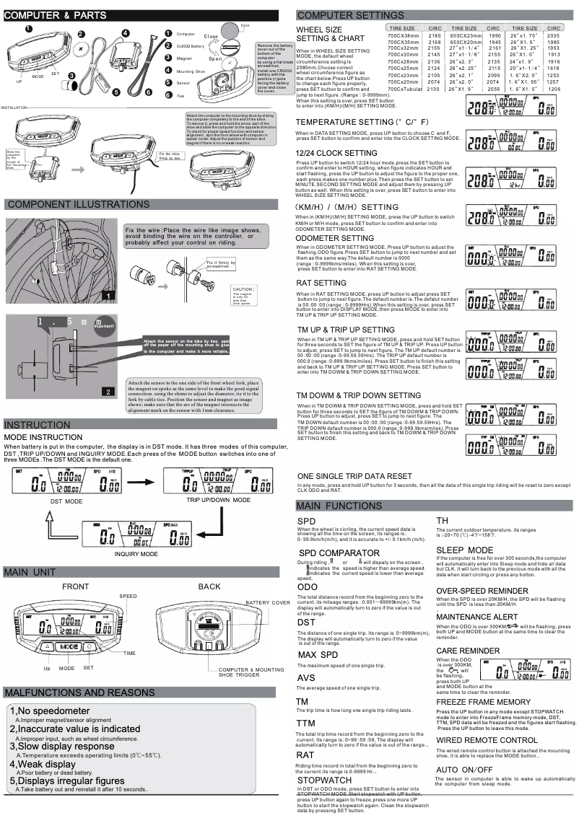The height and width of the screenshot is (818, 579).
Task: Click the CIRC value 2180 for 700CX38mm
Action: pos(434,35)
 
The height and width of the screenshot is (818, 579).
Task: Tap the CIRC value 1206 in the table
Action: pos(553,89)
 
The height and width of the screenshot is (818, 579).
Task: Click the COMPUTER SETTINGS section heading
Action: pos(350,15)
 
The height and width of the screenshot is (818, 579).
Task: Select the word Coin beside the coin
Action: pos(245,24)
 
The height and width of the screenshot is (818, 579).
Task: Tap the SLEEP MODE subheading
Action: pos(465,550)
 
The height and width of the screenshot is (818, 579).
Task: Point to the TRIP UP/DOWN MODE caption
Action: pos(218,500)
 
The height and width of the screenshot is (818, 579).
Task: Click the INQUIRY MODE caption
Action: pos(136,553)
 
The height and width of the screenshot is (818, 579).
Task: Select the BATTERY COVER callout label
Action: pos(268,602)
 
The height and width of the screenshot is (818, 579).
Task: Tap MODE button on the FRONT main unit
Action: pos(69,647)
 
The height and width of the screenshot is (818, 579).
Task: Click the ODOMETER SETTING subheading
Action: pos(334,238)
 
